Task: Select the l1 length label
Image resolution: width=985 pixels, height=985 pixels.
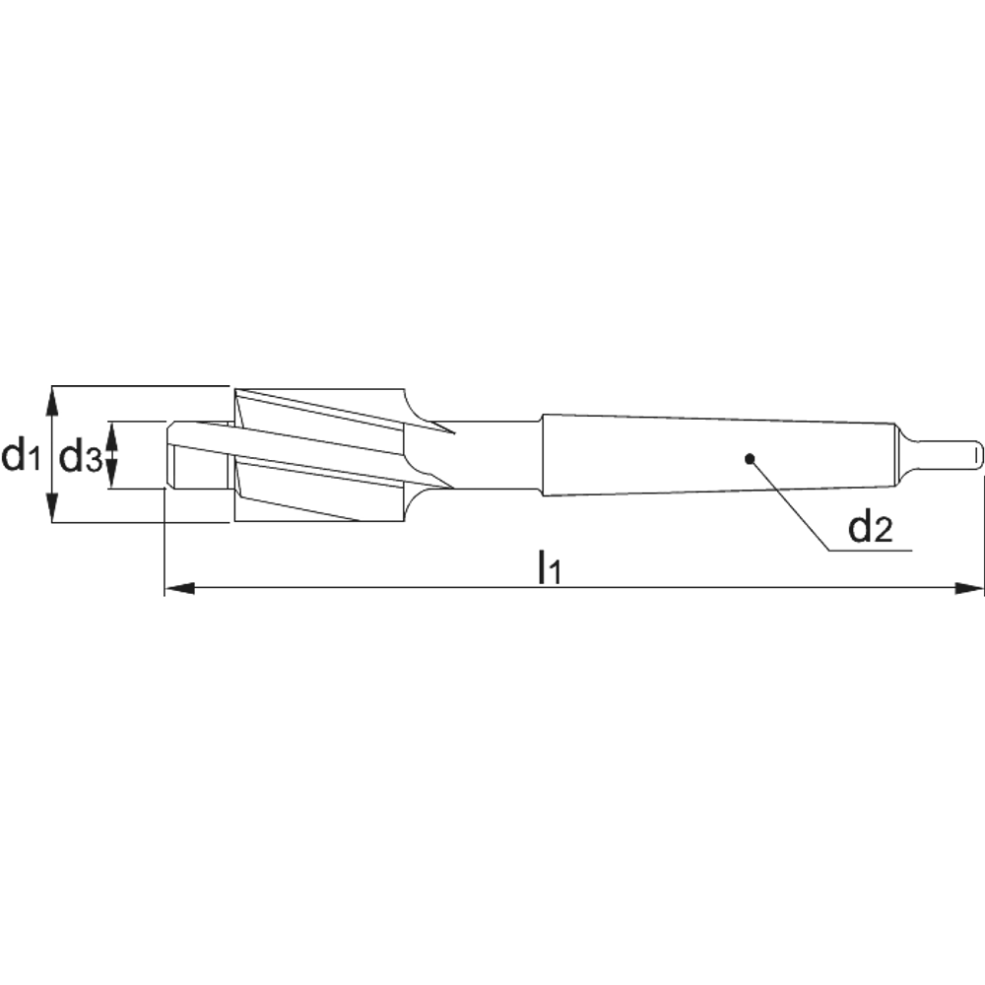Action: pos(548,566)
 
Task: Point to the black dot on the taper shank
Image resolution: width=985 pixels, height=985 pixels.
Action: pos(749,459)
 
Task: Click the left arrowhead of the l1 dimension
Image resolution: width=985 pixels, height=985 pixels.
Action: pos(179,588)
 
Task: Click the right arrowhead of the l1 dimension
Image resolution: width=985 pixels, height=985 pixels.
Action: pos(969,588)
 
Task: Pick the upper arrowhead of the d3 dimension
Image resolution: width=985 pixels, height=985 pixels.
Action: pos(112,433)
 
